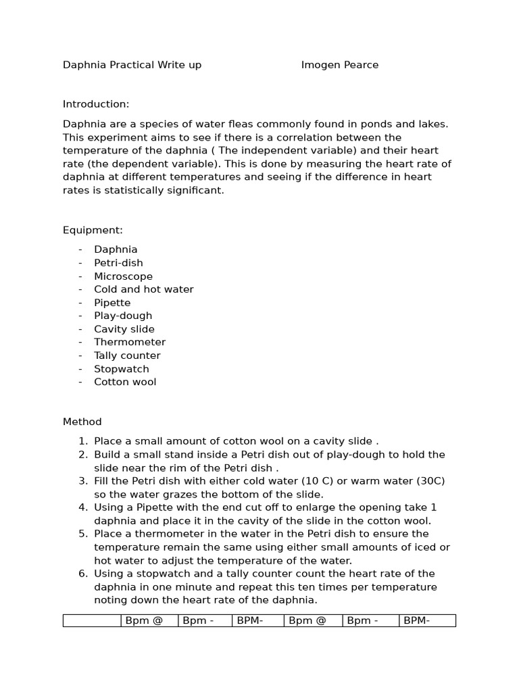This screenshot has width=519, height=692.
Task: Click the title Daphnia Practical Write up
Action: (x=132, y=65)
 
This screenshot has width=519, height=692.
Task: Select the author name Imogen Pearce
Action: (x=339, y=65)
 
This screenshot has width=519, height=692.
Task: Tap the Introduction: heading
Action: (x=95, y=104)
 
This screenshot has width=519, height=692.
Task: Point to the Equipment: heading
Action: (x=93, y=230)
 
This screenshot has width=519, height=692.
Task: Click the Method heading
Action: (x=82, y=422)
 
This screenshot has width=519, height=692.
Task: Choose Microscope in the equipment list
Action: (x=123, y=276)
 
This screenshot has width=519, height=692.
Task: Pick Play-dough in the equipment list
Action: (x=123, y=316)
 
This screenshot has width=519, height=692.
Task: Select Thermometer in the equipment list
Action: (x=129, y=342)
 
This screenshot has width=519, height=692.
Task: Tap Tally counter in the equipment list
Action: (x=127, y=355)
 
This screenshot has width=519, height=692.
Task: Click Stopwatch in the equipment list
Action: (x=121, y=369)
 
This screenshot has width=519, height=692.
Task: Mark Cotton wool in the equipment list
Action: (x=125, y=382)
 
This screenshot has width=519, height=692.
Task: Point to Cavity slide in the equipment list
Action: (x=124, y=329)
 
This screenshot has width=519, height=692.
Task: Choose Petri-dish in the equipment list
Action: (x=118, y=263)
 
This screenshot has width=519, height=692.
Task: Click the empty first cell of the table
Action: (x=92, y=620)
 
